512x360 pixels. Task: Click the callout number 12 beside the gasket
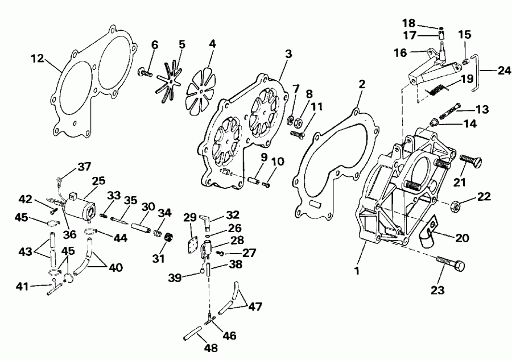click(37, 57)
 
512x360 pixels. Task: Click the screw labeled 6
click(145, 73)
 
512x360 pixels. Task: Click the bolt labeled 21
click(469, 160)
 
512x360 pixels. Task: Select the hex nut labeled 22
click(455, 205)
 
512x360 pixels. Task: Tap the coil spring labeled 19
click(436, 89)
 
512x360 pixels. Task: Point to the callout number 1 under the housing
click(357, 271)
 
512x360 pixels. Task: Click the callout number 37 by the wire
click(84, 167)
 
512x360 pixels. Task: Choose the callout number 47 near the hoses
click(255, 308)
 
